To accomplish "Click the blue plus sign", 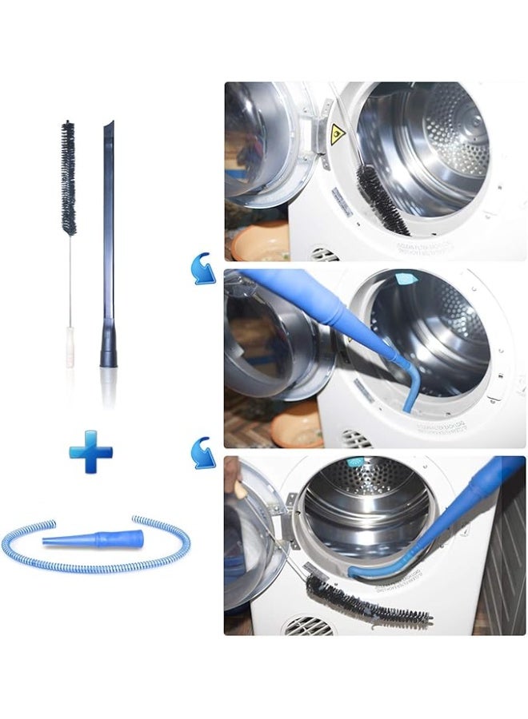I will pyautogui.click(x=90, y=451).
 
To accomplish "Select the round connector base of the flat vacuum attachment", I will pyautogui.click(x=108, y=352).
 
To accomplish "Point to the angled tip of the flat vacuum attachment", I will pyautogui.click(x=110, y=128).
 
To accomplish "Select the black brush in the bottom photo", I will pyautogui.click(x=364, y=601).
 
